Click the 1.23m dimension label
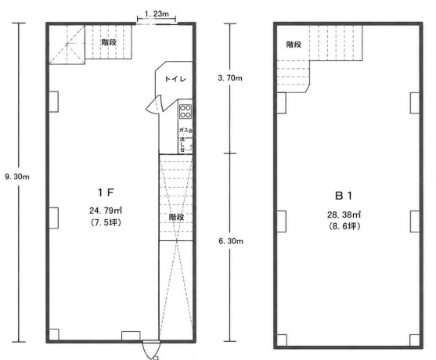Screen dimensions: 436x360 coord(157,13)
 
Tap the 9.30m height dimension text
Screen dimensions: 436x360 coord(17,177)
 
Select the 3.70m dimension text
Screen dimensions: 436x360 coord(230,78)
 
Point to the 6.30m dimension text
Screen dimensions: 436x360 coord(231,241)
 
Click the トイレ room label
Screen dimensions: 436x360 coord(175,79)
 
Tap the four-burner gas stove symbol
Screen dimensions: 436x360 coord(186,111)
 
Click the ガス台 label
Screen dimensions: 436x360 coord(186,130)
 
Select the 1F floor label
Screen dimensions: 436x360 coord(106,193)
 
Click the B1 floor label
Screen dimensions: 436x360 coord(344,196)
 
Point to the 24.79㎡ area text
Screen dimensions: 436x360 coord(106,211)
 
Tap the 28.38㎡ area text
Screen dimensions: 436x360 coord(344,214)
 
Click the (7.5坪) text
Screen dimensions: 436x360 coord(106,222)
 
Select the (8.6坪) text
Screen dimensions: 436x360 coord(344,226)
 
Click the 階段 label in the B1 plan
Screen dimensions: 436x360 coord(294,45)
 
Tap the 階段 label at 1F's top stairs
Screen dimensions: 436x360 coord(109,42)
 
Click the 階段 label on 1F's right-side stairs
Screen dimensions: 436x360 coord(176,217)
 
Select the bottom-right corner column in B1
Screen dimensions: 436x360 coord(415,340)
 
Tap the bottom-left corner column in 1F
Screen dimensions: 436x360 coord(54,334)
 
